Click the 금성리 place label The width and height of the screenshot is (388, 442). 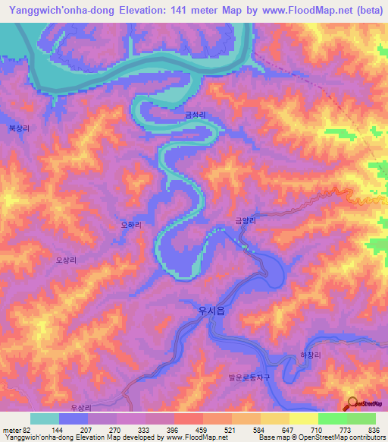(x=195, y=115)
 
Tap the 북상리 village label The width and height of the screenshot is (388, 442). (x=19, y=129)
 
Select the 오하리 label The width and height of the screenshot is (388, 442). (x=131, y=225)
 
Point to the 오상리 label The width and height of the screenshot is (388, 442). (x=67, y=259)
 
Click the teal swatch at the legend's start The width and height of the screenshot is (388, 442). (x=45, y=418)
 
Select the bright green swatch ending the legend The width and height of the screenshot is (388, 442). (x=361, y=418)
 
